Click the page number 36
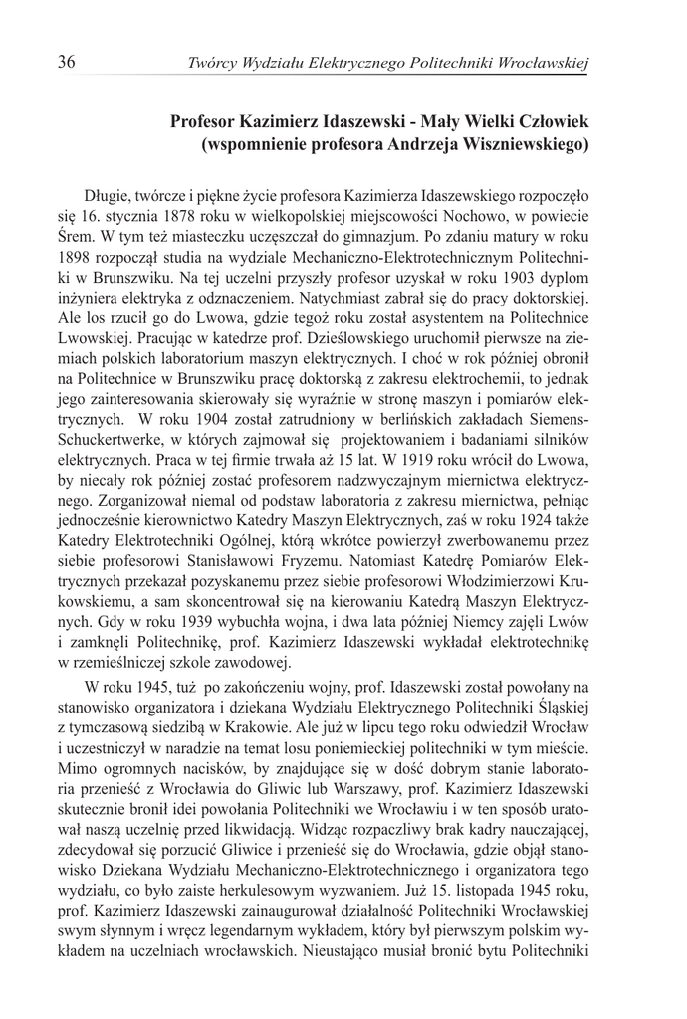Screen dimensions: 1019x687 pyautogui.click(x=67, y=63)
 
